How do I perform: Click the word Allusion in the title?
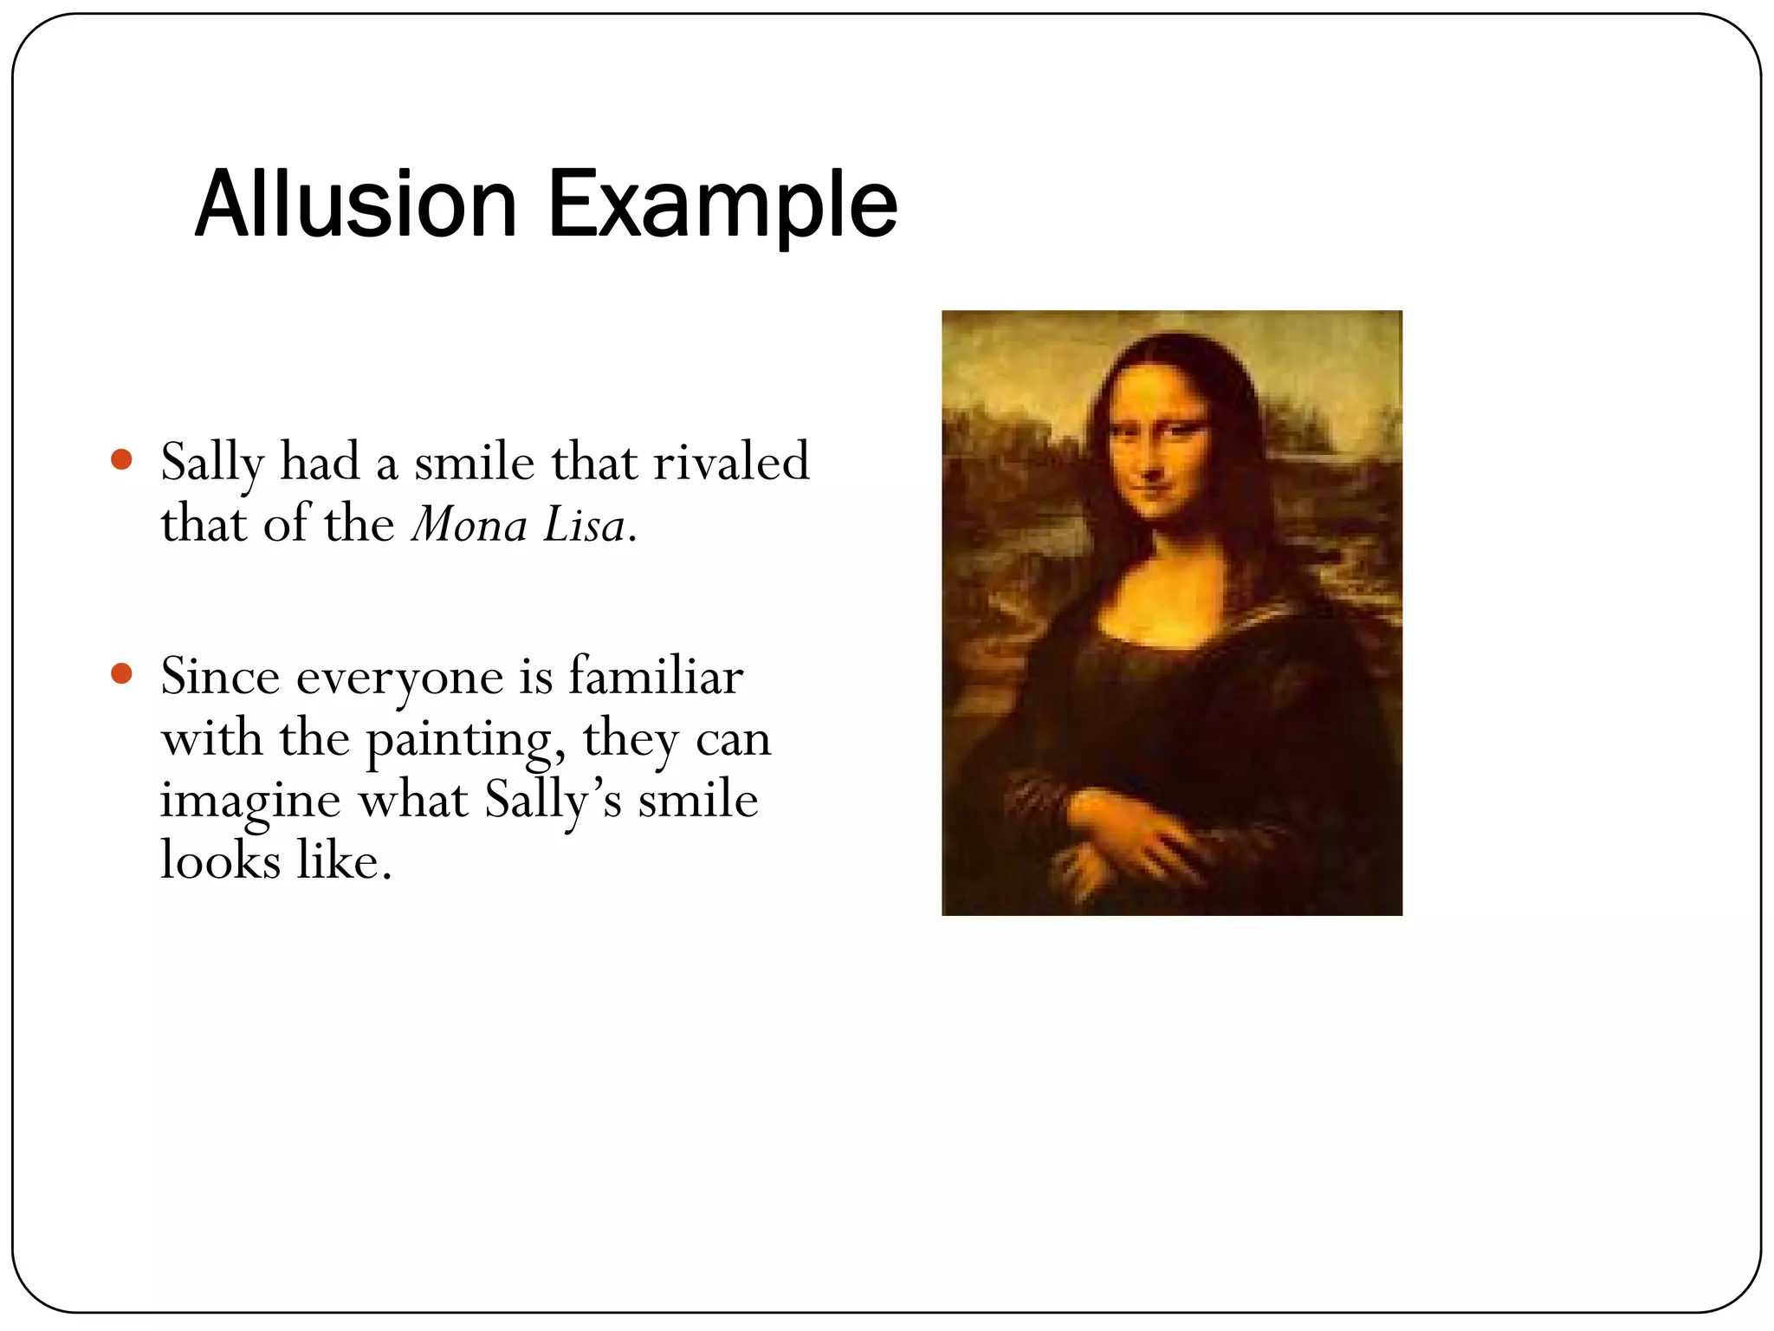(356, 205)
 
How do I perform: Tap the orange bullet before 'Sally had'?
(122, 458)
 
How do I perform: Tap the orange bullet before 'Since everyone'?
(122, 673)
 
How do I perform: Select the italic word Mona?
(469, 525)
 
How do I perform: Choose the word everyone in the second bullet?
(399, 678)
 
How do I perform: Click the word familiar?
(656, 676)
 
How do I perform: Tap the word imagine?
(250, 802)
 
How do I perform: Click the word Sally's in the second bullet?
(553, 802)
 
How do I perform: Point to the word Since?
(220, 676)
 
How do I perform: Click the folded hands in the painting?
(1126, 841)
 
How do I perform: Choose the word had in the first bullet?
(320, 462)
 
